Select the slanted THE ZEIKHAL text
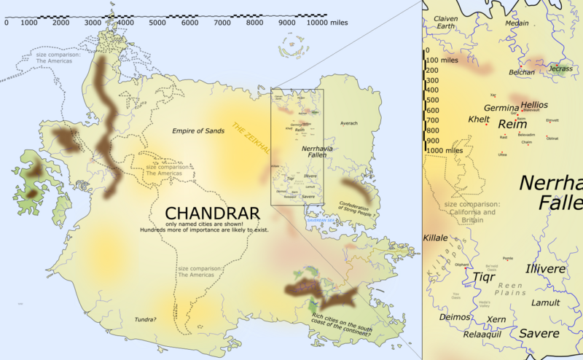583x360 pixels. pos(251,138)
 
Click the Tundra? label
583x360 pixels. pos(146,319)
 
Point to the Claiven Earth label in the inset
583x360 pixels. pos(449,23)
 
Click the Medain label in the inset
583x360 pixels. pos(517,23)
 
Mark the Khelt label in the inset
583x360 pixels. pos(479,119)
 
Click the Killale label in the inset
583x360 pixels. pos(435,238)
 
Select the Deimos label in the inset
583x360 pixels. pos(454,317)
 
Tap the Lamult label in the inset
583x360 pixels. pos(546,302)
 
